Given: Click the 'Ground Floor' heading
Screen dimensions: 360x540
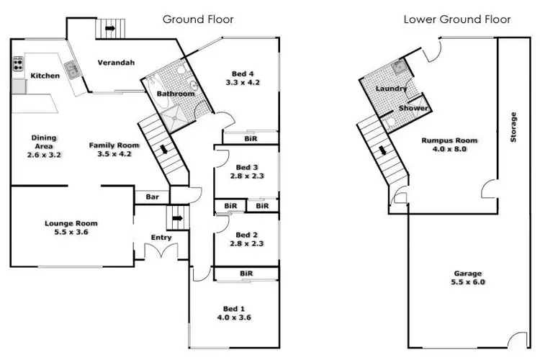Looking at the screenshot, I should tap(198, 19).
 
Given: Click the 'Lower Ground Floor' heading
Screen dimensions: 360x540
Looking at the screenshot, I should tap(457, 19).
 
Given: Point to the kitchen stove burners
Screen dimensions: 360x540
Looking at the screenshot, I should tap(17, 65).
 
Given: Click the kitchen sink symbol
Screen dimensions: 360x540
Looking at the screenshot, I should tap(72, 69).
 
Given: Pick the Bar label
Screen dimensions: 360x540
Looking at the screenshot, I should tap(153, 196).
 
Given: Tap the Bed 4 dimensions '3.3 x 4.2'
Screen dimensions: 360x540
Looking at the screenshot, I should tap(243, 83).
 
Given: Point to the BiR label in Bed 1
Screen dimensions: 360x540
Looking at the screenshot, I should tap(246, 274).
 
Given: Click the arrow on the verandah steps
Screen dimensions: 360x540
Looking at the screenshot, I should tap(109, 29).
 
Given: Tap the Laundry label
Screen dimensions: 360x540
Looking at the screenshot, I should tap(392, 89).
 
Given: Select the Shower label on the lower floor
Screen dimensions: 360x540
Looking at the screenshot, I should tap(414, 109).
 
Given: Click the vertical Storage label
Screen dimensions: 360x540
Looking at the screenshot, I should tap(513, 127).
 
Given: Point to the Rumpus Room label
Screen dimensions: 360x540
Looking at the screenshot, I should tap(450, 140).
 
